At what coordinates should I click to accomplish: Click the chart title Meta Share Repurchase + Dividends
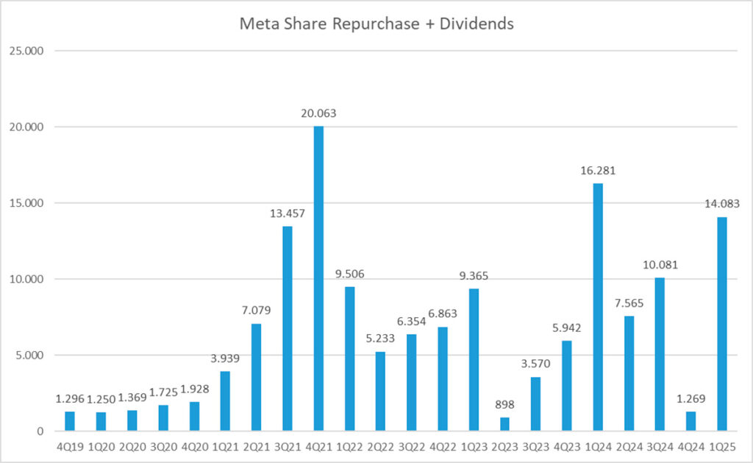[376, 24]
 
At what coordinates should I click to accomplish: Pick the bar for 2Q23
[504, 424]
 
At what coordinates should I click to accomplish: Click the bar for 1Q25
[722, 324]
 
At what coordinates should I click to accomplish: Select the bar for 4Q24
[691, 421]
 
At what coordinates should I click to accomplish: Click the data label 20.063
[318, 113]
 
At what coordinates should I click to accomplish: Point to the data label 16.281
[598, 170]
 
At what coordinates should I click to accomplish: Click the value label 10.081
[660, 264]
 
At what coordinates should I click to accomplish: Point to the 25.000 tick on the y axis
[29, 51]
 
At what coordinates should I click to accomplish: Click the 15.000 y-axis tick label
[29, 203]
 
